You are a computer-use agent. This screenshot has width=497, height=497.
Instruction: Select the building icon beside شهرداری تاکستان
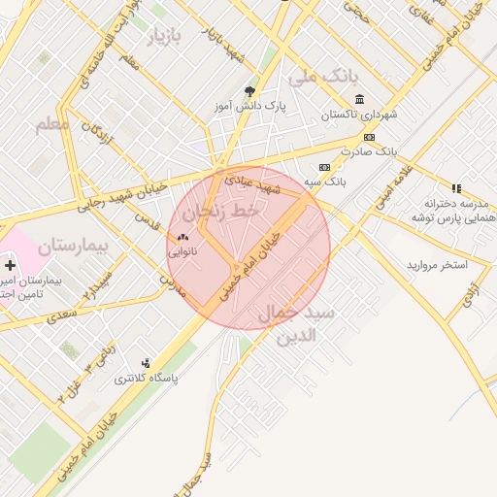coord(360,99)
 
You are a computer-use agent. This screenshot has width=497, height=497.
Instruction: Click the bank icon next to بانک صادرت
coord(368,138)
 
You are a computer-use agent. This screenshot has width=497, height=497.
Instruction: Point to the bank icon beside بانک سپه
coord(323,167)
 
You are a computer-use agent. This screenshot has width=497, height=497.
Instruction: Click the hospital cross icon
coord(11,265)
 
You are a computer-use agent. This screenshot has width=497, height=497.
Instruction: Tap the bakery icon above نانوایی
coord(182,236)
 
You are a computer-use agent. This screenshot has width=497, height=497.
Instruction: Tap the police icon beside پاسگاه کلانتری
coord(146,363)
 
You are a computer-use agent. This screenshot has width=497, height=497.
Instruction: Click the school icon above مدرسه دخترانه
coord(456,188)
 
